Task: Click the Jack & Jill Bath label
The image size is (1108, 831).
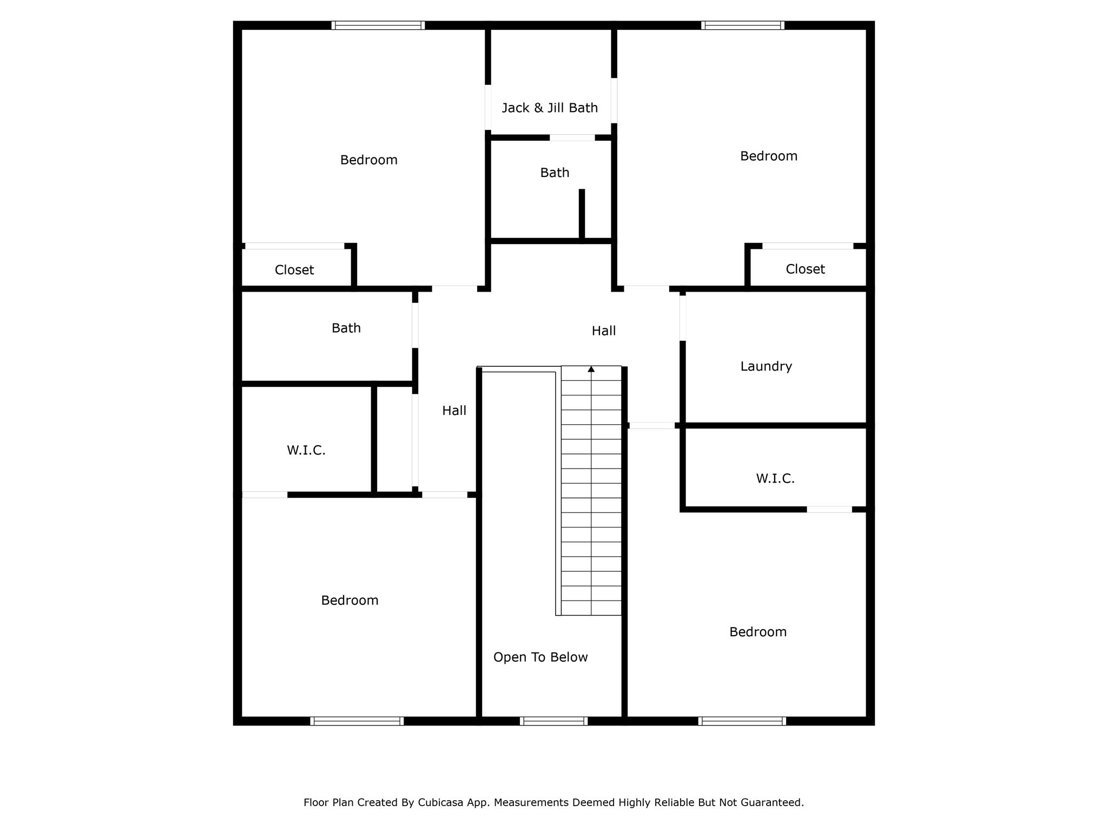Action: [x=550, y=108]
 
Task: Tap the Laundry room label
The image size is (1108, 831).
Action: [x=766, y=367]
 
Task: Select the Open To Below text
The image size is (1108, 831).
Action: [x=540, y=657]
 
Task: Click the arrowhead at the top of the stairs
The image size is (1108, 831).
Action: [x=591, y=369]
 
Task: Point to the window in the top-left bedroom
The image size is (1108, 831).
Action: [x=378, y=25]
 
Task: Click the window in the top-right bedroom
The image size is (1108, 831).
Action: [x=743, y=25]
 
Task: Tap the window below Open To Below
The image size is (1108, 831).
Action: [x=553, y=721]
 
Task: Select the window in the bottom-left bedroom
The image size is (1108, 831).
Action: [x=357, y=721]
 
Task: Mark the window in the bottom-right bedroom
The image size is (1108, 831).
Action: [x=742, y=721]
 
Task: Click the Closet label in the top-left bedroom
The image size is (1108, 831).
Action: [x=294, y=270]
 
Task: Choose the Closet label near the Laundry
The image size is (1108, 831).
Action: [x=806, y=269]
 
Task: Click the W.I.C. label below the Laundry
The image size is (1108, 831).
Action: [x=775, y=479]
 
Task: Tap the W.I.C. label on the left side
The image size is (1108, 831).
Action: [x=306, y=451]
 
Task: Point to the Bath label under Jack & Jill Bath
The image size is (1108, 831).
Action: [x=555, y=173]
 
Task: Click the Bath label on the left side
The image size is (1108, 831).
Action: [x=346, y=328]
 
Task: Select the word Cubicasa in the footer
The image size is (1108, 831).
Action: [x=441, y=803]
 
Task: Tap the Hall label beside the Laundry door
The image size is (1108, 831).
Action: [x=604, y=331]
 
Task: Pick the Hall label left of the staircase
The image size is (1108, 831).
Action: [x=454, y=411]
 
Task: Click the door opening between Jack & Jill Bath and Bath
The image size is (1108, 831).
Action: [x=572, y=137]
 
